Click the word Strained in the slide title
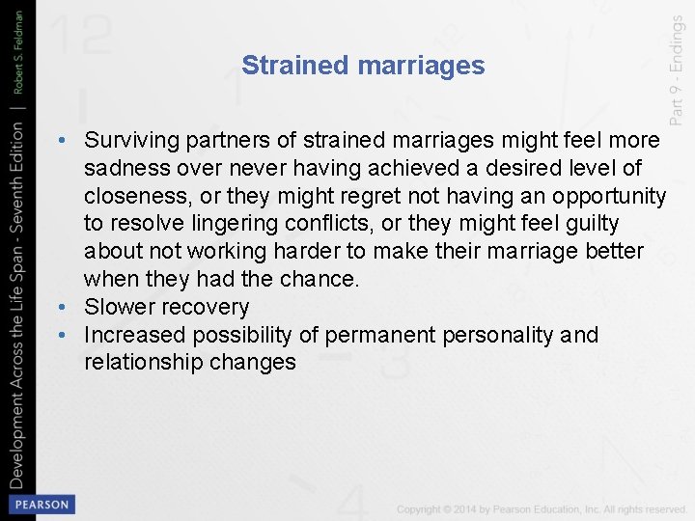[x=295, y=66]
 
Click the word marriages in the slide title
[x=420, y=66]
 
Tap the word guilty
[x=592, y=224]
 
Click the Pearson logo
[x=42, y=505]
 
